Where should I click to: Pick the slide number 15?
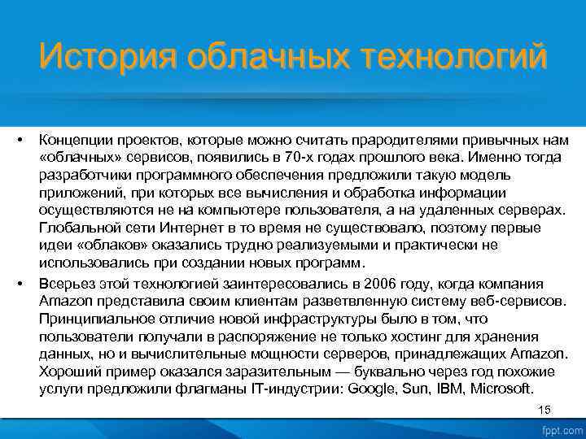tap(544, 410)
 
